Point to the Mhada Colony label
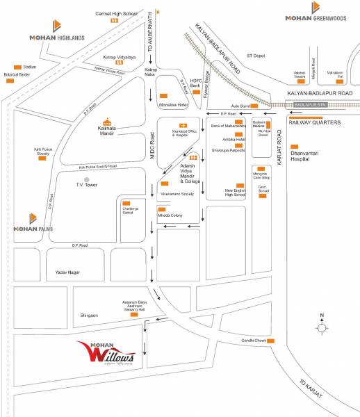click(x=170, y=217)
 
